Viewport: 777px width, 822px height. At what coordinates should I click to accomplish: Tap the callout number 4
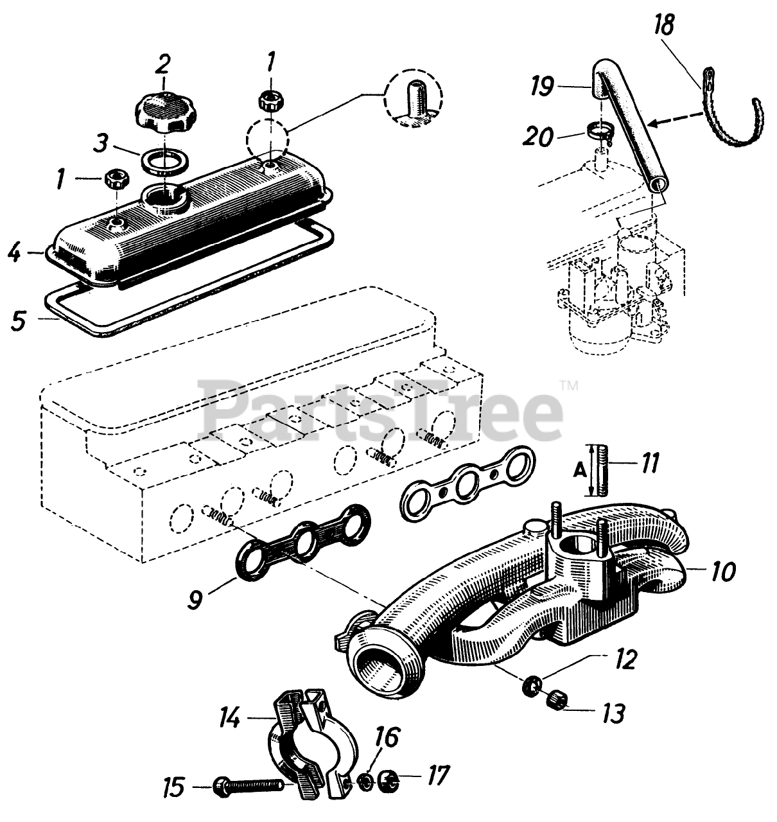[x=15, y=252]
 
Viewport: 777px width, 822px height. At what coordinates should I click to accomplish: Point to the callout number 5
[x=19, y=320]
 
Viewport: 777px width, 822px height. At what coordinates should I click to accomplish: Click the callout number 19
[x=544, y=85]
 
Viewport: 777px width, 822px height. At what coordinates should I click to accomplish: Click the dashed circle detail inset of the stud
[x=414, y=96]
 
